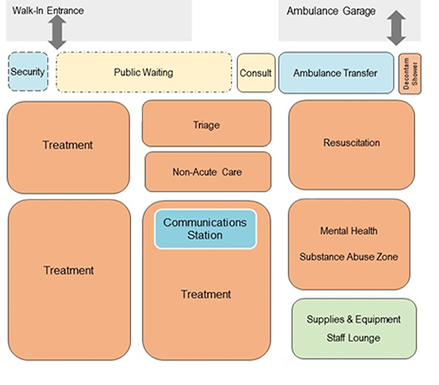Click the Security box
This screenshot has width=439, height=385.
[28, 72]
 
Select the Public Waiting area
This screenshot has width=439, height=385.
[143, 72]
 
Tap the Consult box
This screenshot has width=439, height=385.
[256, 73]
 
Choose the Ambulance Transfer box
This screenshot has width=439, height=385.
[335, 73]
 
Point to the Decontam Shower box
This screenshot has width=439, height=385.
[410, 74]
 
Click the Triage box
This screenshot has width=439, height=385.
[206, 124]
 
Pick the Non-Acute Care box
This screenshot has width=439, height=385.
[207, 172]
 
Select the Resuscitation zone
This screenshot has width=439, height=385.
[352, 143]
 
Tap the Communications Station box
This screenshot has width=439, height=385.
[205, 229]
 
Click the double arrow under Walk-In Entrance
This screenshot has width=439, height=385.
[57, 31]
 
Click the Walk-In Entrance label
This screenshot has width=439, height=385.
[48, 10]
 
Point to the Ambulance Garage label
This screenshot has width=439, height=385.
[331, 11]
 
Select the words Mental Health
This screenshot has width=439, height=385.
[348, 231]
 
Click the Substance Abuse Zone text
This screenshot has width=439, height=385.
[348, 257]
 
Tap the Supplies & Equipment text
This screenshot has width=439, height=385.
[353, 319]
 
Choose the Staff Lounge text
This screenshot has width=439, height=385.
[353, 338]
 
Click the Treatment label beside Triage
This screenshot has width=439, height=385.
[68, 145]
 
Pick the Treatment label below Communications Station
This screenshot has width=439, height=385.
[206, 294]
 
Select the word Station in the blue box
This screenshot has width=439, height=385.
[205, 236]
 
